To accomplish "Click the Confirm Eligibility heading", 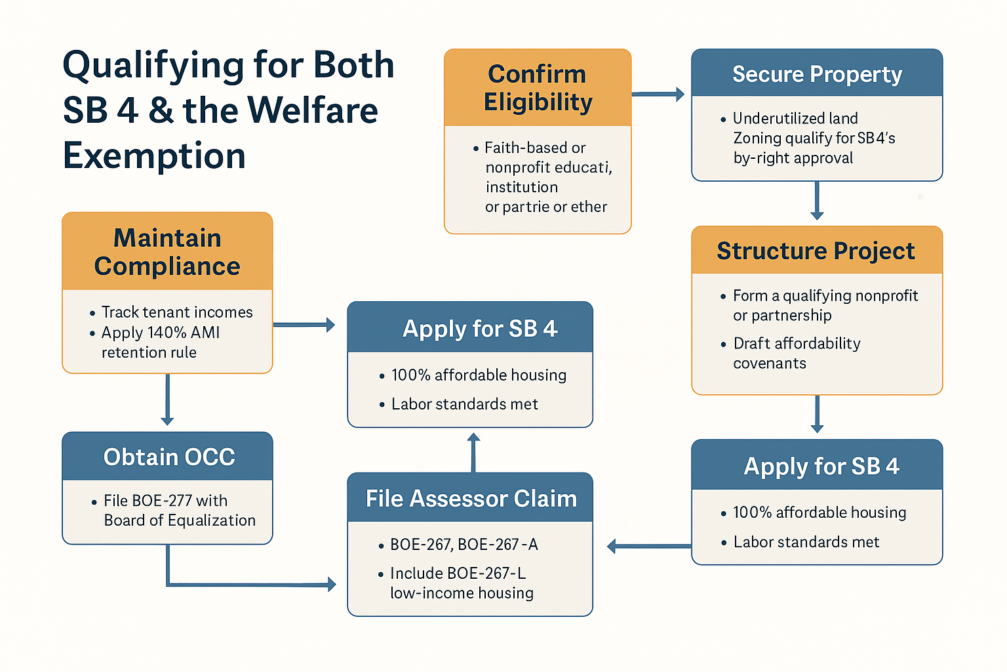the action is [538, 88].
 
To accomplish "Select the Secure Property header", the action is [817, 74].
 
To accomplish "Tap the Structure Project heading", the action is [816, 251].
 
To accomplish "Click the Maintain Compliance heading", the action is [167, 251].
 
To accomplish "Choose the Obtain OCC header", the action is [169, 457].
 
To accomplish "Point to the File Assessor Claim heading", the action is [471, 499].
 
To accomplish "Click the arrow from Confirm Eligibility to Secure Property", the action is [658, 94].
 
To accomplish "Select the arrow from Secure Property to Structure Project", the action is [817, 201].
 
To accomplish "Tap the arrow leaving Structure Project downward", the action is [817, 414].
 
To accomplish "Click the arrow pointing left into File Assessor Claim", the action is [649, 547].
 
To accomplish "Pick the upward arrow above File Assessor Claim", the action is [473, 452].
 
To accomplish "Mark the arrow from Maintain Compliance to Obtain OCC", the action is [167, 400].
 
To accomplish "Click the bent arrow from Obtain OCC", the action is [168, 584].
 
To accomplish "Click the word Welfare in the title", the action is [313, 110].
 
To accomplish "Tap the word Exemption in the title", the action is [154, 156].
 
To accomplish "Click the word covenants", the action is [770, 363].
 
